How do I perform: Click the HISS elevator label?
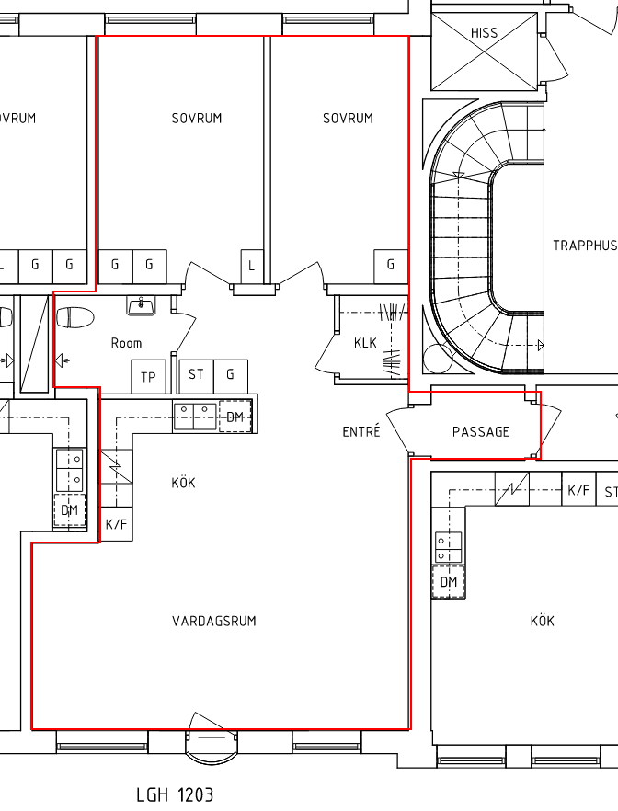(484, 33)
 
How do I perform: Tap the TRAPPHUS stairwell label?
(586, 246)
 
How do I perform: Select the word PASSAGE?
(480, 432)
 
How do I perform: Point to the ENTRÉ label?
(361, 430)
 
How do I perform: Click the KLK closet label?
(366, 343)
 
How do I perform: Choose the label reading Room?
(126, 343)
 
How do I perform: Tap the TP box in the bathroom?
(148, 377)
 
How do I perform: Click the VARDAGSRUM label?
(214, 621)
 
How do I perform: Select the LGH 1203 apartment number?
(175, 795)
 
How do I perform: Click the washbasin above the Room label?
(141, 305)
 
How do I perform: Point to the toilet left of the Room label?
(74, 317)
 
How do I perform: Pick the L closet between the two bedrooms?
(252, 267)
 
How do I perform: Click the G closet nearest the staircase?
(391, 266)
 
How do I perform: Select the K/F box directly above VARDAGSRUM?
(117, 524)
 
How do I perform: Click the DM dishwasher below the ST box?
(235, 417)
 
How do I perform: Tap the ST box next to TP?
(196, 374)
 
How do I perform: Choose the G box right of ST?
(231, 374)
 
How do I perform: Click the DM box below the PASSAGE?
(449, 582)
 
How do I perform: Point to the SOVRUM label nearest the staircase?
(348, 119)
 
